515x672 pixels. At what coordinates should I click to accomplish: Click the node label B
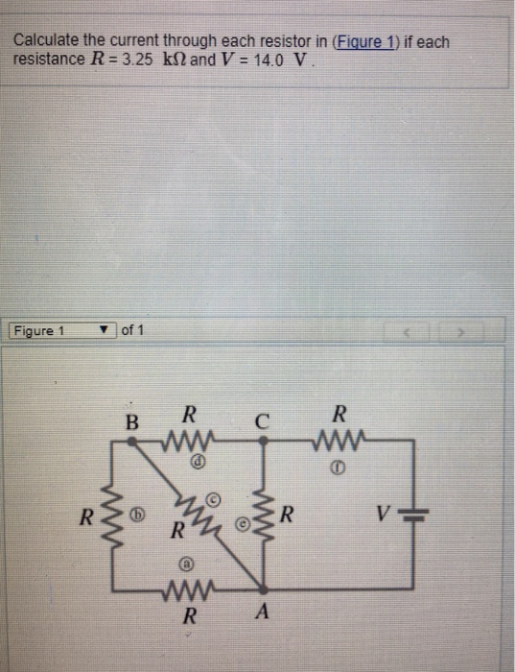tap(132, 420)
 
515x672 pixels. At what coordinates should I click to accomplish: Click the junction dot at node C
tap(264, 441)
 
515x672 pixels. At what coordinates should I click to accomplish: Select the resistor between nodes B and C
tap(189, 442)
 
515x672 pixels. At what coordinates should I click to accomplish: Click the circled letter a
tap(189, 565)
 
